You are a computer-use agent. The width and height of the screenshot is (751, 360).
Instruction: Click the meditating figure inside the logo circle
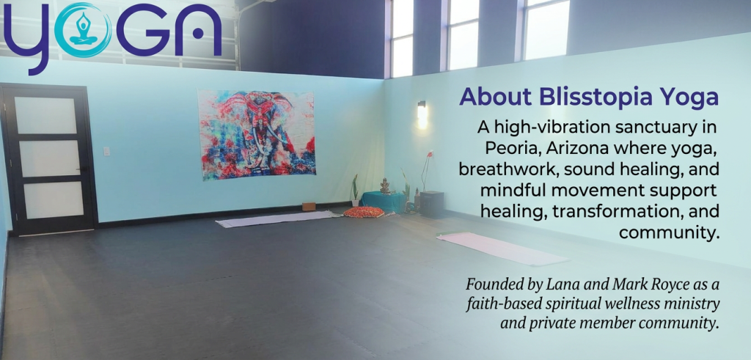coord(84,30)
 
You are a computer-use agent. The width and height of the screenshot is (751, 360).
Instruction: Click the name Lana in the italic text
coord(560,284)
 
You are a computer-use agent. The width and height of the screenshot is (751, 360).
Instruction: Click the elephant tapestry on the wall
coord(257,134)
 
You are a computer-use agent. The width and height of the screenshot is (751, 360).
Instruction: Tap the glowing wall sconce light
coord(422,114)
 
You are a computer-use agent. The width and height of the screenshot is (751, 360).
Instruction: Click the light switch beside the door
coord(106,151)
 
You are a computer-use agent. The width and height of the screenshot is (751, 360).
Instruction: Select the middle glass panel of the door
coord(49,158)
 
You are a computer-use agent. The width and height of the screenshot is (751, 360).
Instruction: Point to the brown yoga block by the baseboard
coord(309,206)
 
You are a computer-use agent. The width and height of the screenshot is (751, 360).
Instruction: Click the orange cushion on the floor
coord(364,212)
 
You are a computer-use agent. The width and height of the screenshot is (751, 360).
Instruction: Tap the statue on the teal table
coord(384,185)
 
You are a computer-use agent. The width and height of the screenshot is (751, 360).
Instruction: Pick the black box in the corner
coord(431,204)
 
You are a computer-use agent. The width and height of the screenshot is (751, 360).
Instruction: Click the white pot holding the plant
coord(356,203)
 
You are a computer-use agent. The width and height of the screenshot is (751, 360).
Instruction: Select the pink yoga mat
coord(502,248)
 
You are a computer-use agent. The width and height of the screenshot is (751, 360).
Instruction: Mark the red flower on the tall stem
coord(430,154)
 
